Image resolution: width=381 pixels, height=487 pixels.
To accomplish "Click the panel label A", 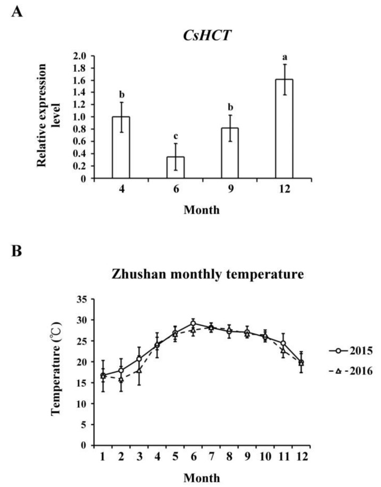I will point(17,12).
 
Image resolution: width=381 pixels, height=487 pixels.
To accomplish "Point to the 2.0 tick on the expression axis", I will point(80,56).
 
